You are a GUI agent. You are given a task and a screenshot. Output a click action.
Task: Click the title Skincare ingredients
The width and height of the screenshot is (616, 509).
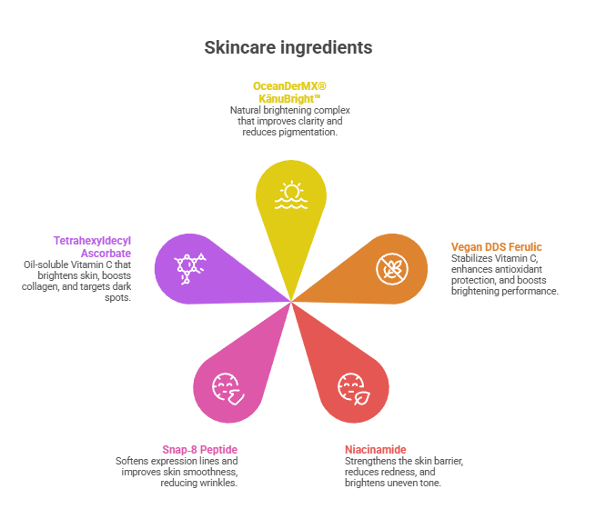click(288, 47)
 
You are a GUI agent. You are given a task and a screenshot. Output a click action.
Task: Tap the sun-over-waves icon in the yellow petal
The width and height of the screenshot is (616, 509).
click(291, 195)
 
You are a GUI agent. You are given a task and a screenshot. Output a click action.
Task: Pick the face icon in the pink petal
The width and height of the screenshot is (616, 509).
click(226, 389)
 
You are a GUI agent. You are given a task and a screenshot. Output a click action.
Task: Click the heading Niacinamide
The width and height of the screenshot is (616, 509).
click(375, 450)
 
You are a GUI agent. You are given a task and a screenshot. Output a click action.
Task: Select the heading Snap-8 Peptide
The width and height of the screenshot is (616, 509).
click(200, 450)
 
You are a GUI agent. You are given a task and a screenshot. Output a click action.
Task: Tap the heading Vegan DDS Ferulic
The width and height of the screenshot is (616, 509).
click(496, 246)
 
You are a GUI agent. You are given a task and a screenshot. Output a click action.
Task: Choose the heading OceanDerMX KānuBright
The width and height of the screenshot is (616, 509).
click(288, 91)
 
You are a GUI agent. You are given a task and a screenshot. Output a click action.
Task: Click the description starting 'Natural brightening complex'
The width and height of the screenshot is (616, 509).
click(290, 121)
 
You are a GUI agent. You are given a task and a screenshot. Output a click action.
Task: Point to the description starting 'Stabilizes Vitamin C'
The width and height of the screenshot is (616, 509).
click(503, 274)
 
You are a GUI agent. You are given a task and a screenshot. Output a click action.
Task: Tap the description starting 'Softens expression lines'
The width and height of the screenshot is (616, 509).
click(177, 472)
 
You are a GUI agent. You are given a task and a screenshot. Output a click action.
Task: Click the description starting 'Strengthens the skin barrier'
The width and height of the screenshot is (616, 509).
click(403, 472)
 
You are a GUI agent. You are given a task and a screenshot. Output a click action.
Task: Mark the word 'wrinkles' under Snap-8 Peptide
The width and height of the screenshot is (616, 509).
click(218, 483)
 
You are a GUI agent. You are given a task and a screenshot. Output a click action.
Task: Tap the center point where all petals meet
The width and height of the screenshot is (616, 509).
click(291, 302)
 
